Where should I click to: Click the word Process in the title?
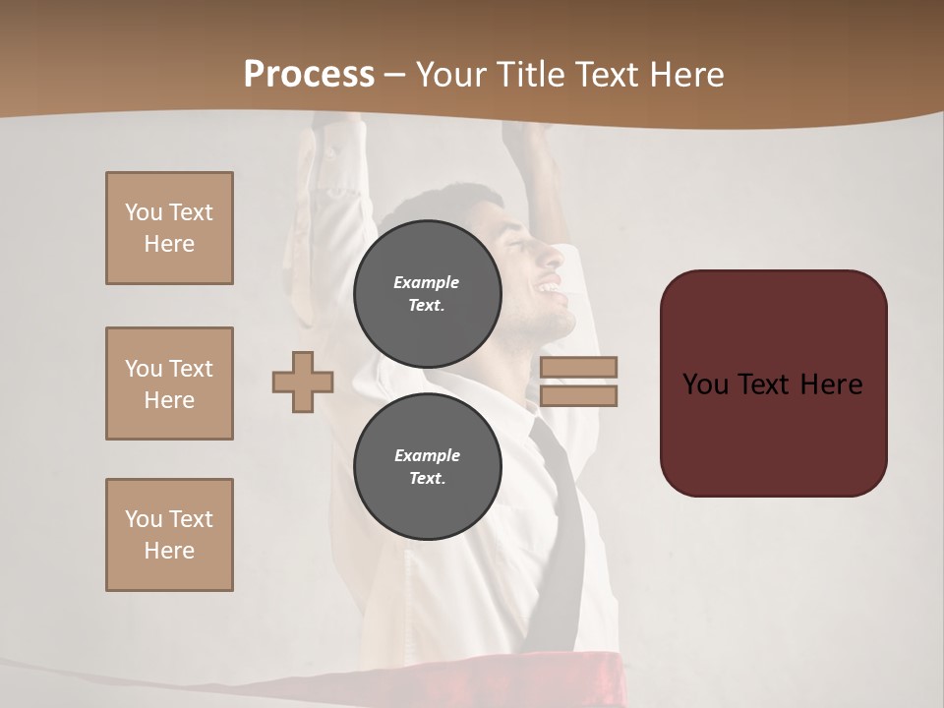[x=309, y=75]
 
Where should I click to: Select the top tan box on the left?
[x=169, y=228]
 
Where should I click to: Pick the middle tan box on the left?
[x=169, y=383]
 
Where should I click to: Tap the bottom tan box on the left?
[x=169, y=535]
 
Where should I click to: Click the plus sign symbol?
[x=303, y=382]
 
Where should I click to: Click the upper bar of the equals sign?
[x=578, y=367]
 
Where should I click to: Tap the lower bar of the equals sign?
[x=578, y=395]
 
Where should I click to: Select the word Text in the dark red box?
[x=771, y=383]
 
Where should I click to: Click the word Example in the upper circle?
[x=426, y=282]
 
